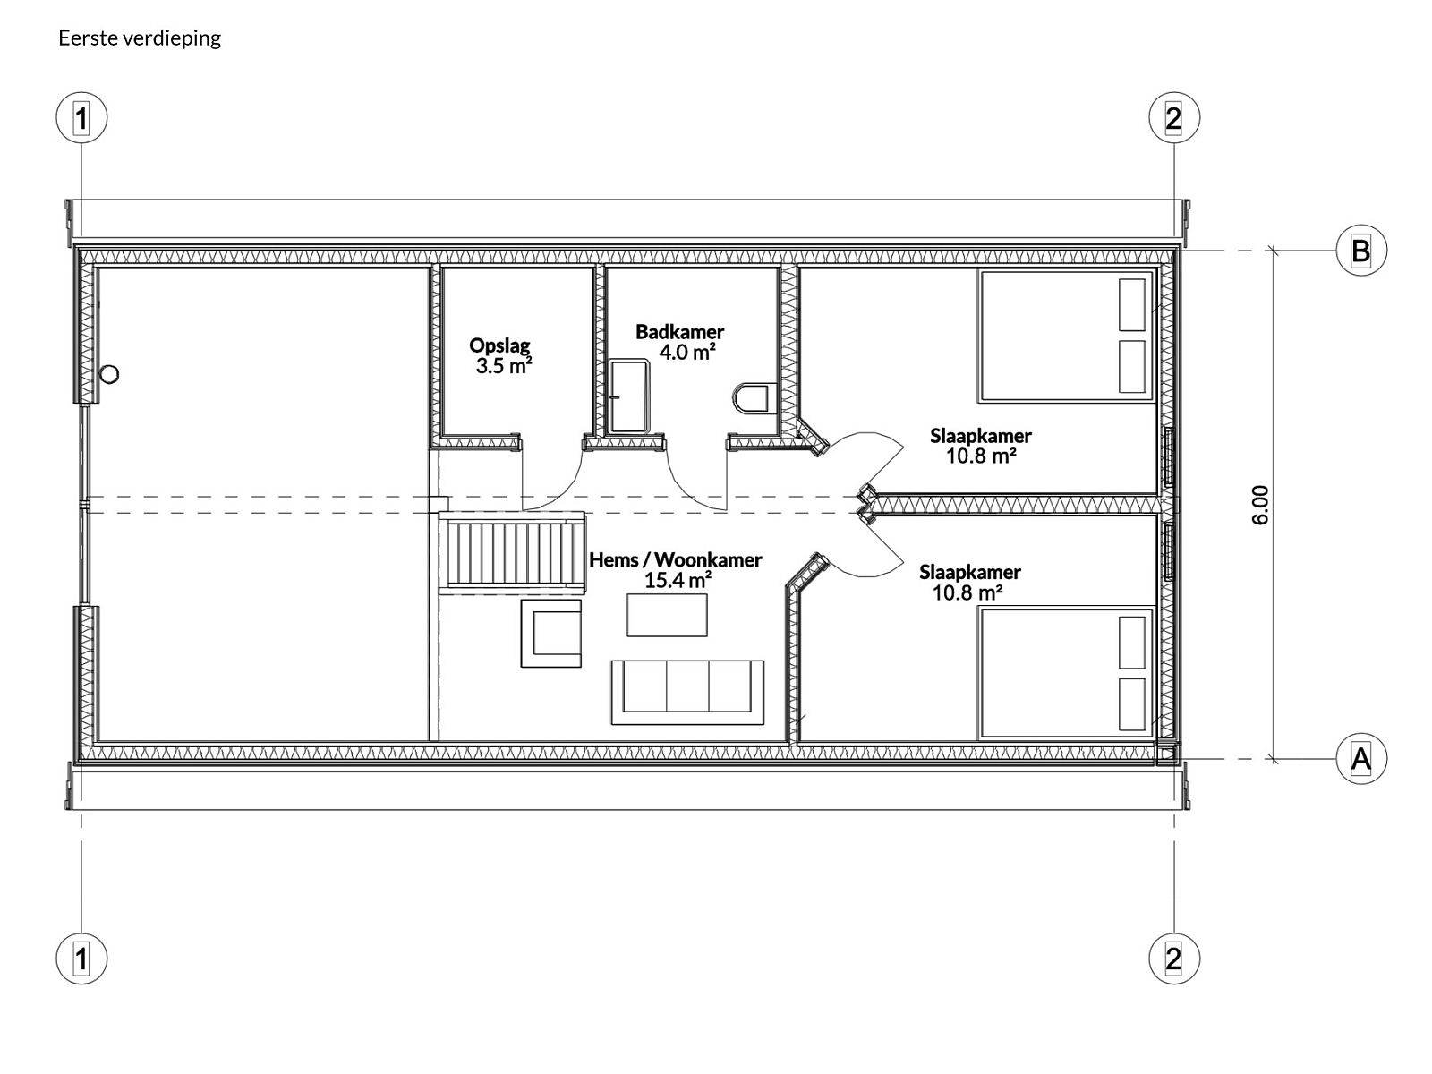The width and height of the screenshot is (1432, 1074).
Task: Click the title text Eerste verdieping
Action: pos(140,38)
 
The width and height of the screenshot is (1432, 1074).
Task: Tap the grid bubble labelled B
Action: pos(1361,251)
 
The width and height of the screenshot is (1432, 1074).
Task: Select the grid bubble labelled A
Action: pos(1361,758)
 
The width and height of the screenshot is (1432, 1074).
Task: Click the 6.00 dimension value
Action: pos(1260,505)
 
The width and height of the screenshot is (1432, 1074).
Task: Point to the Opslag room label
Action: pos(499,345)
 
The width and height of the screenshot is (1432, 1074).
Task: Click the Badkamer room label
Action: pos(680,332)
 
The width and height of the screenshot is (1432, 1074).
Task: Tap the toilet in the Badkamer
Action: pos(751,397)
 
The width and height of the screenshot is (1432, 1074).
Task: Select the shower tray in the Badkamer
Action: pos(629,397)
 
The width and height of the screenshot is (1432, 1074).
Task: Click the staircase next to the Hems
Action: pos(512,552)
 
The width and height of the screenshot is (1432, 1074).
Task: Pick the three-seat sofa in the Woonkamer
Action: pos(687,692)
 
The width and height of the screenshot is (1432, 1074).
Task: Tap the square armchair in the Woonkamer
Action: pos(550,633)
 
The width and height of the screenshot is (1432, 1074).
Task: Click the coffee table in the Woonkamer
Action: pos(667,614)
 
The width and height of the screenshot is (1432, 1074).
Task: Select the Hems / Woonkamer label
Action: pos(675,559)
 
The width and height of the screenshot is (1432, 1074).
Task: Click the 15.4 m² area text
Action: pos(678,580)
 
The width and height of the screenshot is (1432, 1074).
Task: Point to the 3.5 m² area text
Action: pos(504,366)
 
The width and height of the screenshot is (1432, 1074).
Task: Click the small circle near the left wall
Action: pos(109,374)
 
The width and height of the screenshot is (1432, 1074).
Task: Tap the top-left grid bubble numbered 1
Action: pos(81,118)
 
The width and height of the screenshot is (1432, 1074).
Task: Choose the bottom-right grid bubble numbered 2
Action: pos(1173,959)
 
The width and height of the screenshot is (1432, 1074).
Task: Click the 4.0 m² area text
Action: pos(687,352)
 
